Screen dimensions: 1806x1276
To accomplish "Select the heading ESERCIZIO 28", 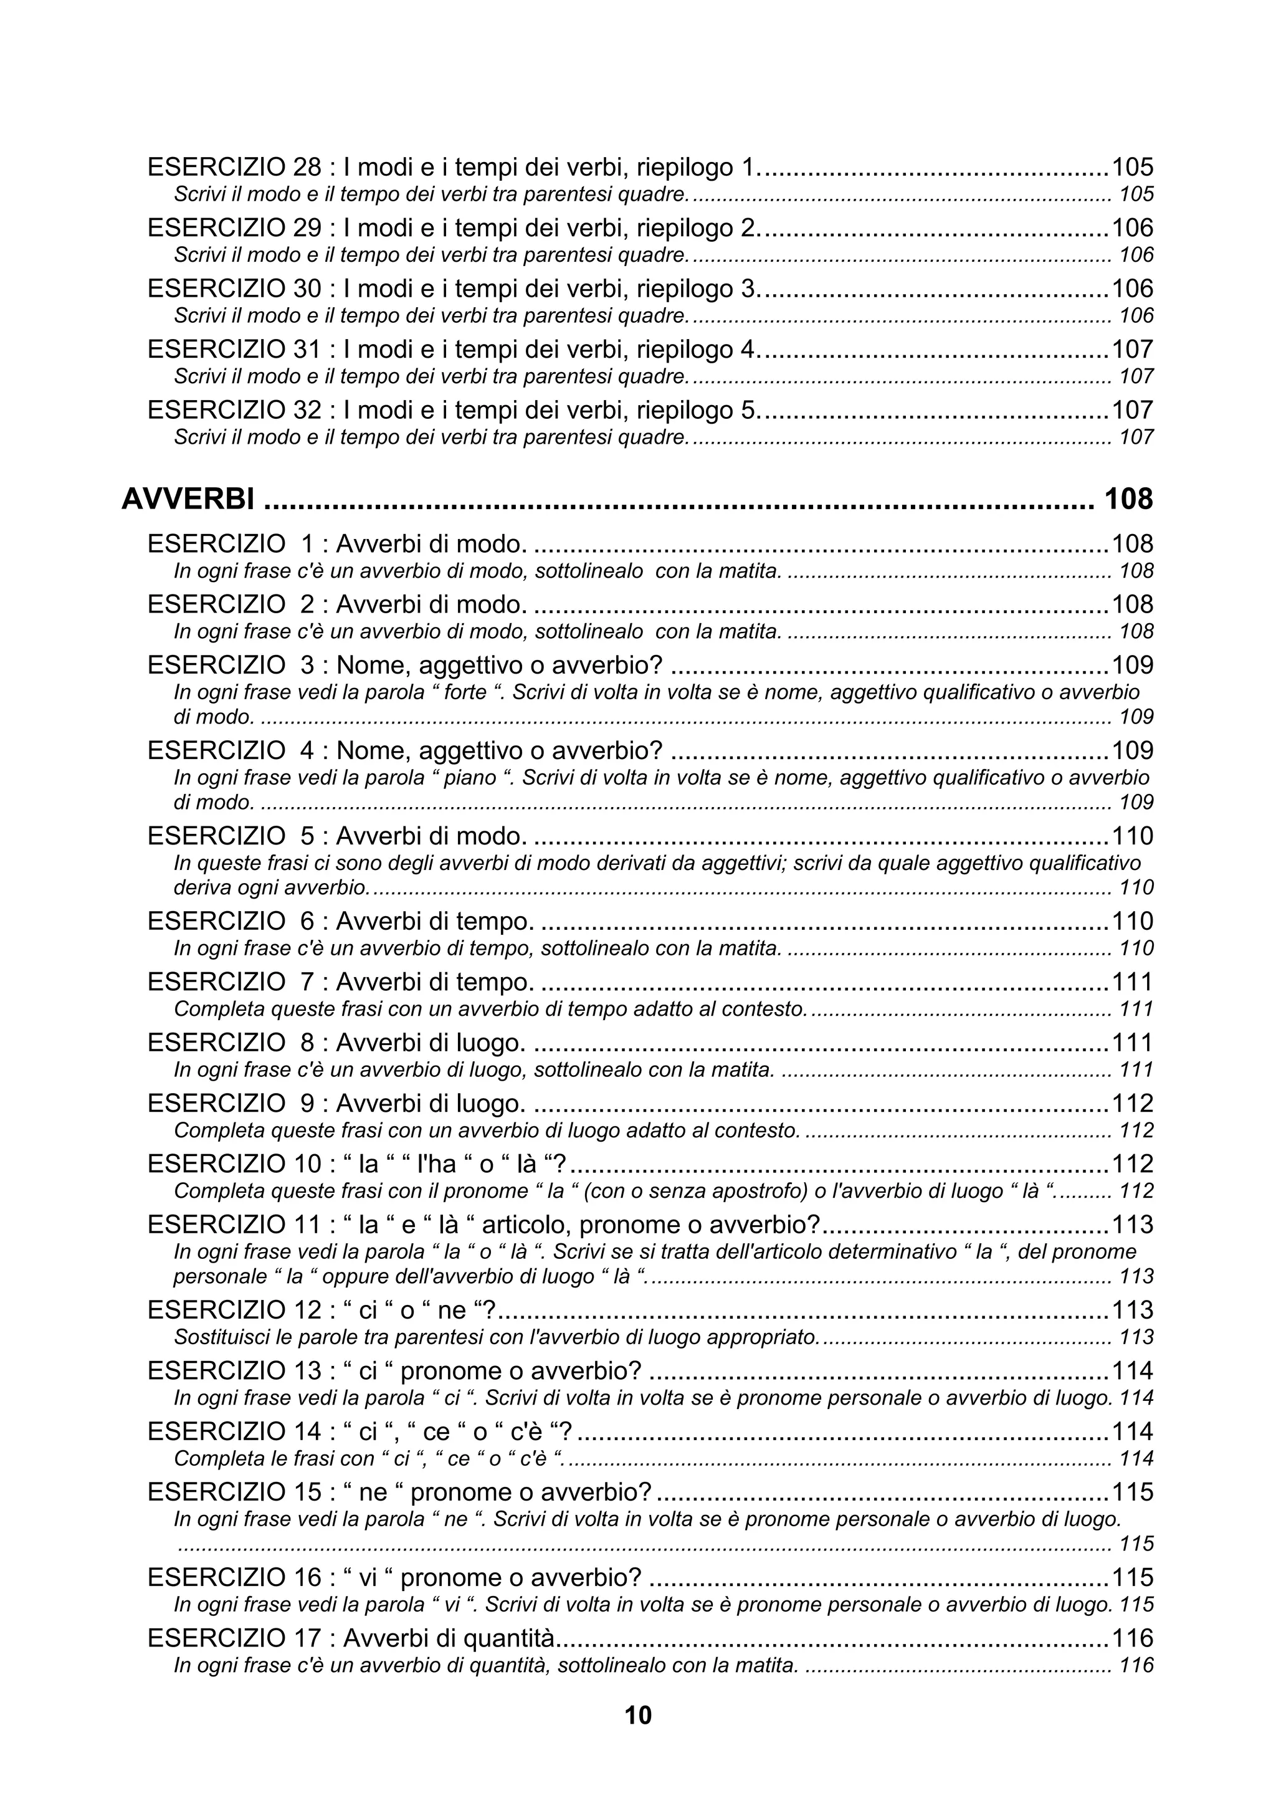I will point(235,168).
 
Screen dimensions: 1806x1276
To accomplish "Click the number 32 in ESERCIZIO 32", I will point(306,410).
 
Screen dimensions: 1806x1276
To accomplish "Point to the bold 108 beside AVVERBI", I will point(1128,499).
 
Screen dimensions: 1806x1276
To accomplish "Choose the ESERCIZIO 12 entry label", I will point(235,1310).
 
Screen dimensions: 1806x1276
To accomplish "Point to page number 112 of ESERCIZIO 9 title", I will point(1132,1104).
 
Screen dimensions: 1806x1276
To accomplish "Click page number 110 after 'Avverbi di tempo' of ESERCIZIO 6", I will point(1132,921).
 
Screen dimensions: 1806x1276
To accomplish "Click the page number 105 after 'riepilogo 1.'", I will point(1132,168).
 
